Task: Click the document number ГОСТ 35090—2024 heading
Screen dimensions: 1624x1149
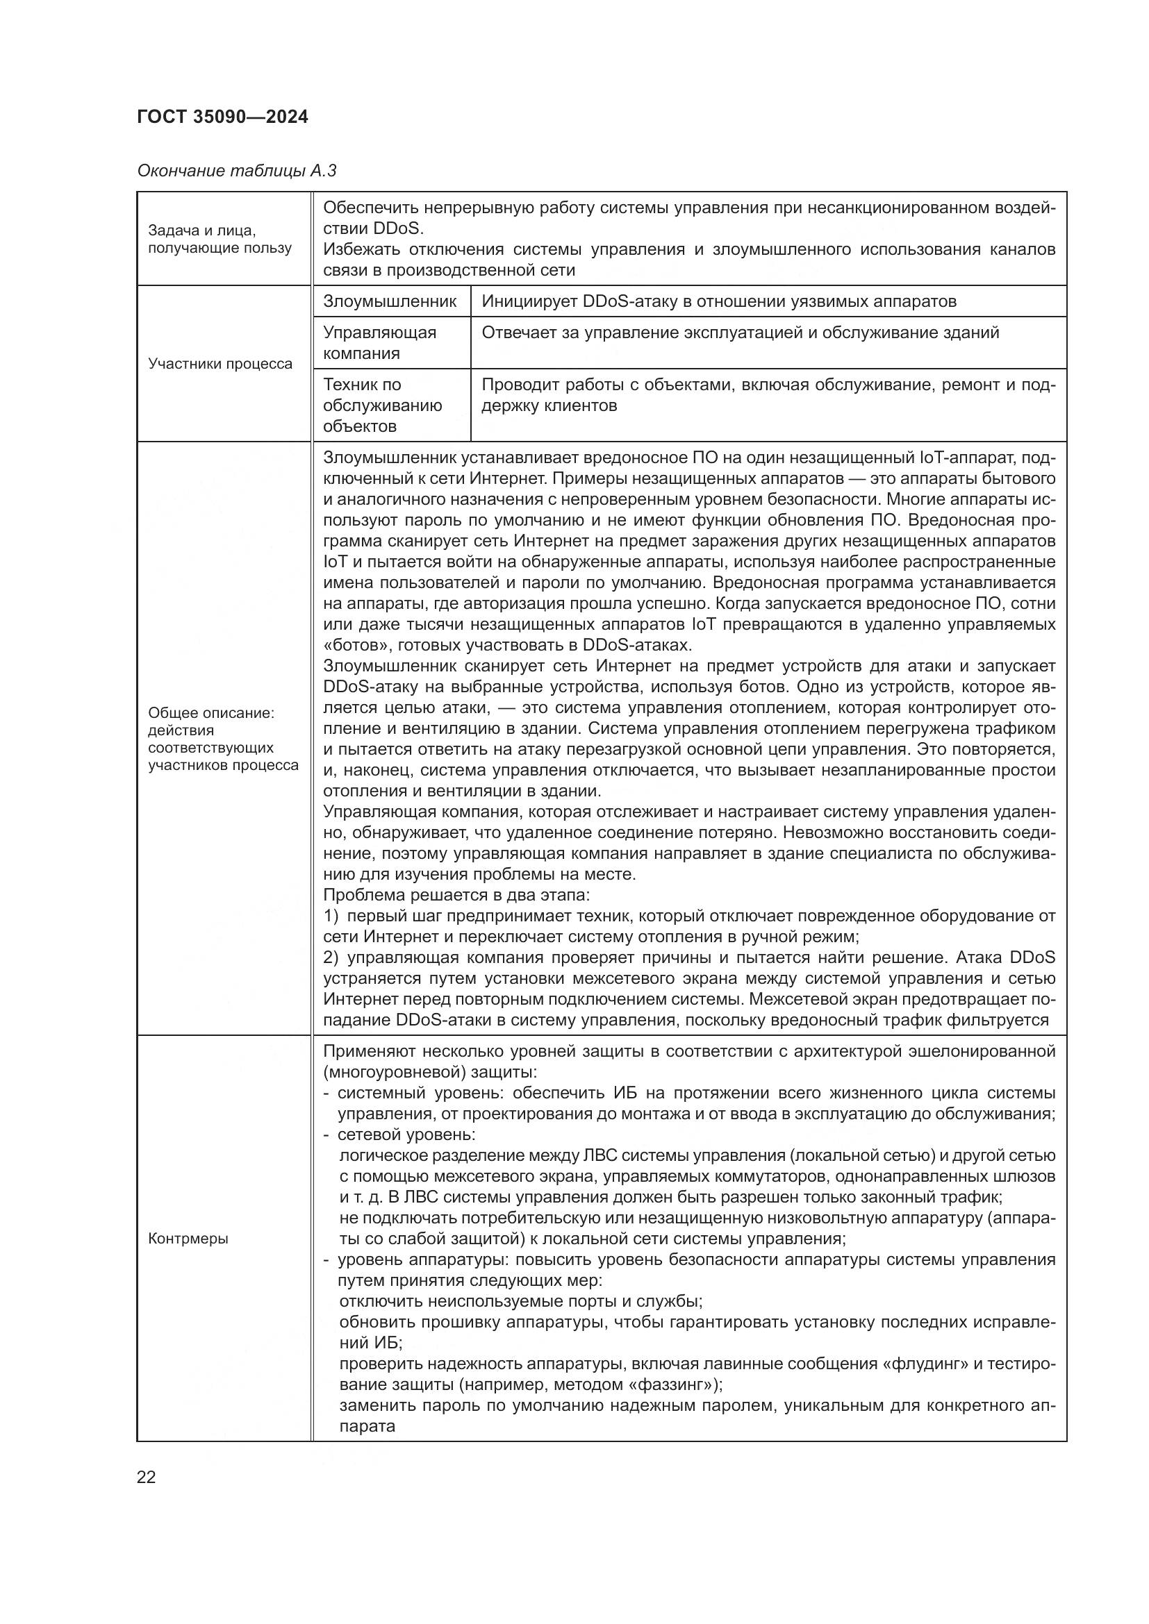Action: [223, 117]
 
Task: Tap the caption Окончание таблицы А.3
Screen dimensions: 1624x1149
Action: [236, 171]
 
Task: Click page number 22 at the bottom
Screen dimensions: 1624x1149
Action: [147, 1477]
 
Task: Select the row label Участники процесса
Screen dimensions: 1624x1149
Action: [220, 364]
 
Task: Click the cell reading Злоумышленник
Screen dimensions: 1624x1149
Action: [390, 301]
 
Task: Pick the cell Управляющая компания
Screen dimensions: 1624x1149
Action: [380, 342]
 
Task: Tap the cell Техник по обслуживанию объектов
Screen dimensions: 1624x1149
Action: [383, 405]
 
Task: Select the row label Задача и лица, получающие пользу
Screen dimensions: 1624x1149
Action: [220, 239]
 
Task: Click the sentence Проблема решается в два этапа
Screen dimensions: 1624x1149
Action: [456, 896]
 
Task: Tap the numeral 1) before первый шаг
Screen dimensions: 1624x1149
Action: [332, 916]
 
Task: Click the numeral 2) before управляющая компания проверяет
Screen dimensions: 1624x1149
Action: [332, 957]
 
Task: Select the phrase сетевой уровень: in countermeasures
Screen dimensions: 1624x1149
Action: [406, 1135]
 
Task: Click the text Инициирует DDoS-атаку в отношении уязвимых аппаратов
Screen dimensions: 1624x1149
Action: [719, 301]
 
